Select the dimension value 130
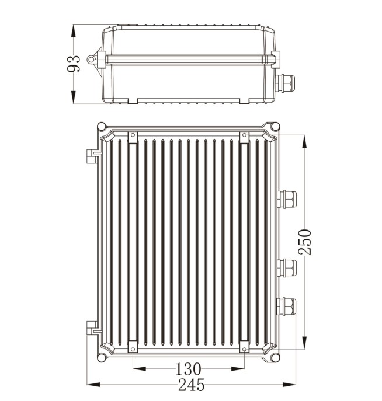pyautogui.click(x=188, y=369)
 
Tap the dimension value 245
pyautogui.click(x=191, y=385)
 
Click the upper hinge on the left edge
pyautogui.click(x=92, y=155)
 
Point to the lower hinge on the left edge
pyautogui.click(x=92, y=327)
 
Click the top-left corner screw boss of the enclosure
pyautogui.click(x=102, y=127)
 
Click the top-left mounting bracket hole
pyautogui.click(x=132, y=135)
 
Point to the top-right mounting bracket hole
pyautogui.click(x=244, y=135)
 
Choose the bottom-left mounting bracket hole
pyautogui.click(x=132, y=348)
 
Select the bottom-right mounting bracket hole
pyautogui.click(x=244, y=348)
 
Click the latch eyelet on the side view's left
pyautogui.click(x=91, y=59)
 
